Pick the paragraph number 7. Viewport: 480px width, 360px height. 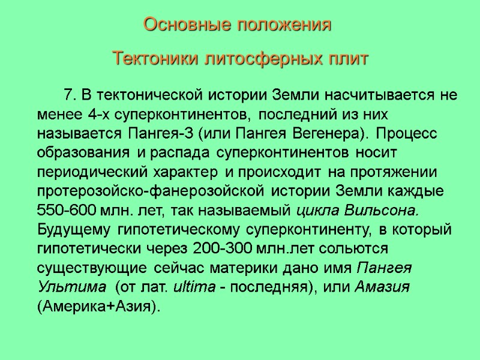pyautogui.click(x=68, y=95)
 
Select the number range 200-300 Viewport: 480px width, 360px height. pyautogui.click(x=223, y=249)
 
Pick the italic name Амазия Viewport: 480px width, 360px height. pyautogui.click(x=382, y=287)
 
